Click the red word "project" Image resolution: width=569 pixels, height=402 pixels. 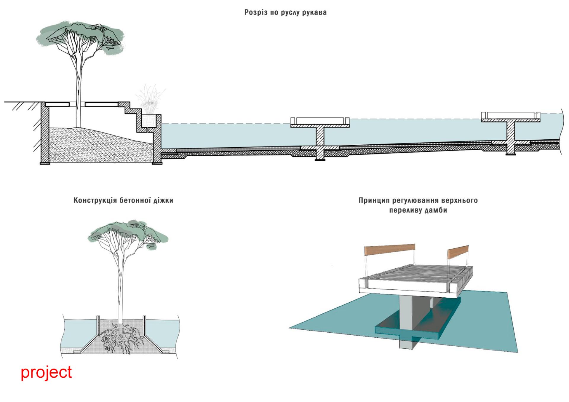[x=46, y=372]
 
